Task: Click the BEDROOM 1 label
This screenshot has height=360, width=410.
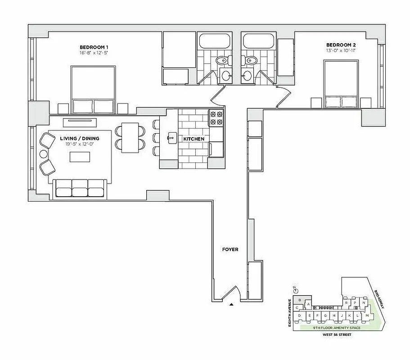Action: point(94,47)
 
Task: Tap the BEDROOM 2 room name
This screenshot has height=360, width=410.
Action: point(341,45)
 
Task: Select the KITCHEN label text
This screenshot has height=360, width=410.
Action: point(194,139)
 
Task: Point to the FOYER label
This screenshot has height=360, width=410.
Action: point(230,249)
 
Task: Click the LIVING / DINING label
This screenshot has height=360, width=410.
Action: point(79,138)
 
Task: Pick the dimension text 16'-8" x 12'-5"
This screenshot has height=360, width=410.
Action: point(94,53)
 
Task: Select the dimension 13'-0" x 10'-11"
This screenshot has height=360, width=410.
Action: point(341,50)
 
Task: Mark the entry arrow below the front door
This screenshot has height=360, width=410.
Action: point(232,305)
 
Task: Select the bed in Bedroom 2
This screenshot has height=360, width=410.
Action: point(341,83)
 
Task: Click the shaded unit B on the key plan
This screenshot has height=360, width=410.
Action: point(299,300)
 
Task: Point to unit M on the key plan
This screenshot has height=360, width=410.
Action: point(367,316)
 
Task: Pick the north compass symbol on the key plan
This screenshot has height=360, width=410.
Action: point(293,288)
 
